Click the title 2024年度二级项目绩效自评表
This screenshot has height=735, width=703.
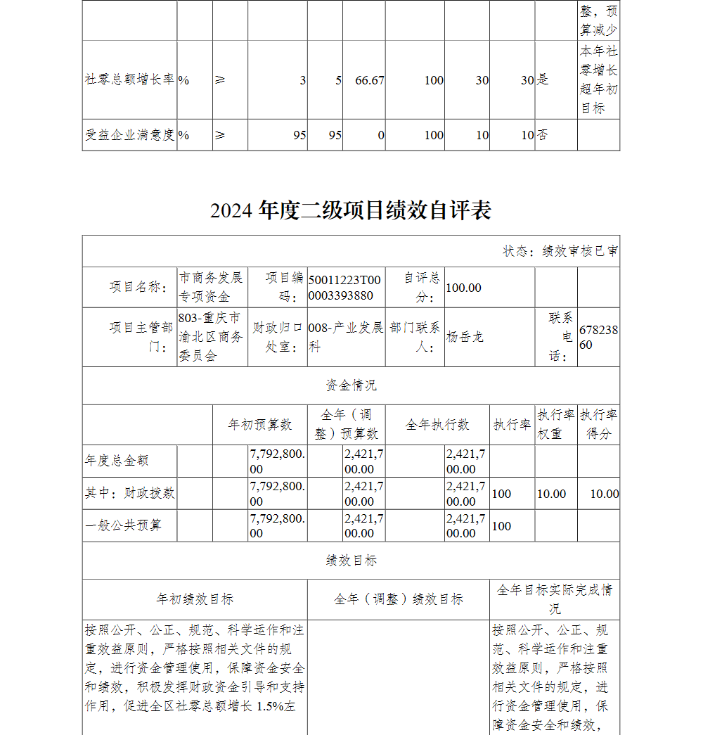tap(350, 210)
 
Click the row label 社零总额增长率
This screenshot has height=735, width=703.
tap(129, 80)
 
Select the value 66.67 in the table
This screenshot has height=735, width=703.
tap(370, 80)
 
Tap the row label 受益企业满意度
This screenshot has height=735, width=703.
tap(129, 135)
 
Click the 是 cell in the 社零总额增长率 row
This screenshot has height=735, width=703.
tap(543, 80)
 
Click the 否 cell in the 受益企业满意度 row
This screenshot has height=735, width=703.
tap(543, 135)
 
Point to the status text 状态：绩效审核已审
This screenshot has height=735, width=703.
tap(560, 251)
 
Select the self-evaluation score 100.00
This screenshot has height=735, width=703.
tap(464, 288)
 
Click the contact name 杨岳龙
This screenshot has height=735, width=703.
tap(465, 337)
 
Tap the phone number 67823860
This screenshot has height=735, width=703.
tap(598, 337)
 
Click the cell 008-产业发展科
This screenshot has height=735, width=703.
tap(346, 337)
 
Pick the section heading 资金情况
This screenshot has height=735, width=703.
tap(351, 385)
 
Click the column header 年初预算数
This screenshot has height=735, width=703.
tap(260, 425)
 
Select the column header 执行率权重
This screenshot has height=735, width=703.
tap(555, 425)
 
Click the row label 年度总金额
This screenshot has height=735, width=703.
tap(117, 461)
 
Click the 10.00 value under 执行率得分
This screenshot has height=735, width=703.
tap(604, 494)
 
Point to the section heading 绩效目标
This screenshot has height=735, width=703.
tap(351, 561)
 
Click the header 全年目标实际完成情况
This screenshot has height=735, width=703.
tap(554, 599)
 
